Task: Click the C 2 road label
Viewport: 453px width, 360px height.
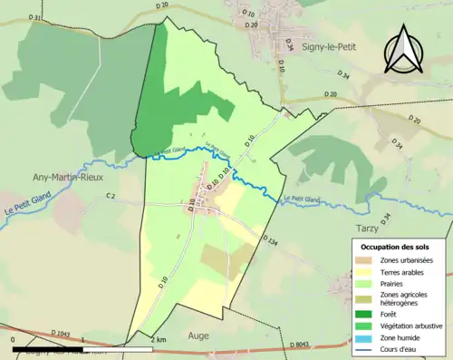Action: pyautogui.click(x=111, y=196)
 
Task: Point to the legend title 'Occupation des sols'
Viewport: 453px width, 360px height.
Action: pyautogui.click(x=395, y=247)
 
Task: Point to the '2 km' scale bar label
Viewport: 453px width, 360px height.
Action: pyautogui.click(x=158, y=340)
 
